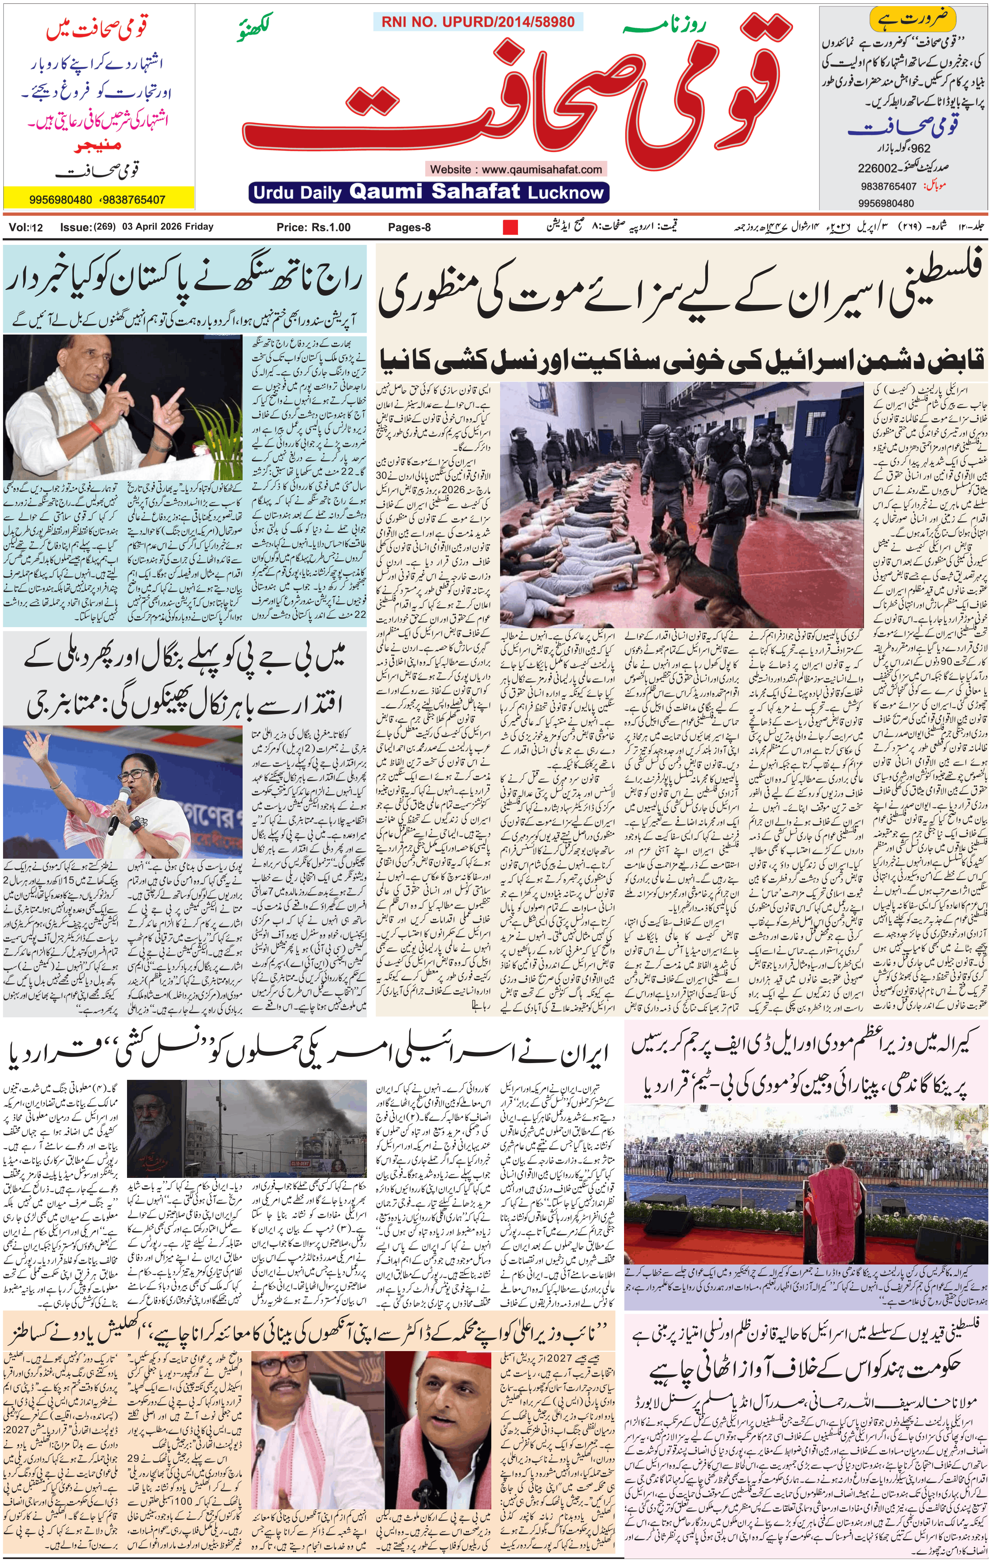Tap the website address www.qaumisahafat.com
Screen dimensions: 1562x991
(x=516, y=169)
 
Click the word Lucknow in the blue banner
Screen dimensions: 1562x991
(x=566, y=193)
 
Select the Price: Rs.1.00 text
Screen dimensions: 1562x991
(x=313, y=227)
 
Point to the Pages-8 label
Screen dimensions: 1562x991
(x=409, y=227)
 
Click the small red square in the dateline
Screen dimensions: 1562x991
(x=510, y=227)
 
